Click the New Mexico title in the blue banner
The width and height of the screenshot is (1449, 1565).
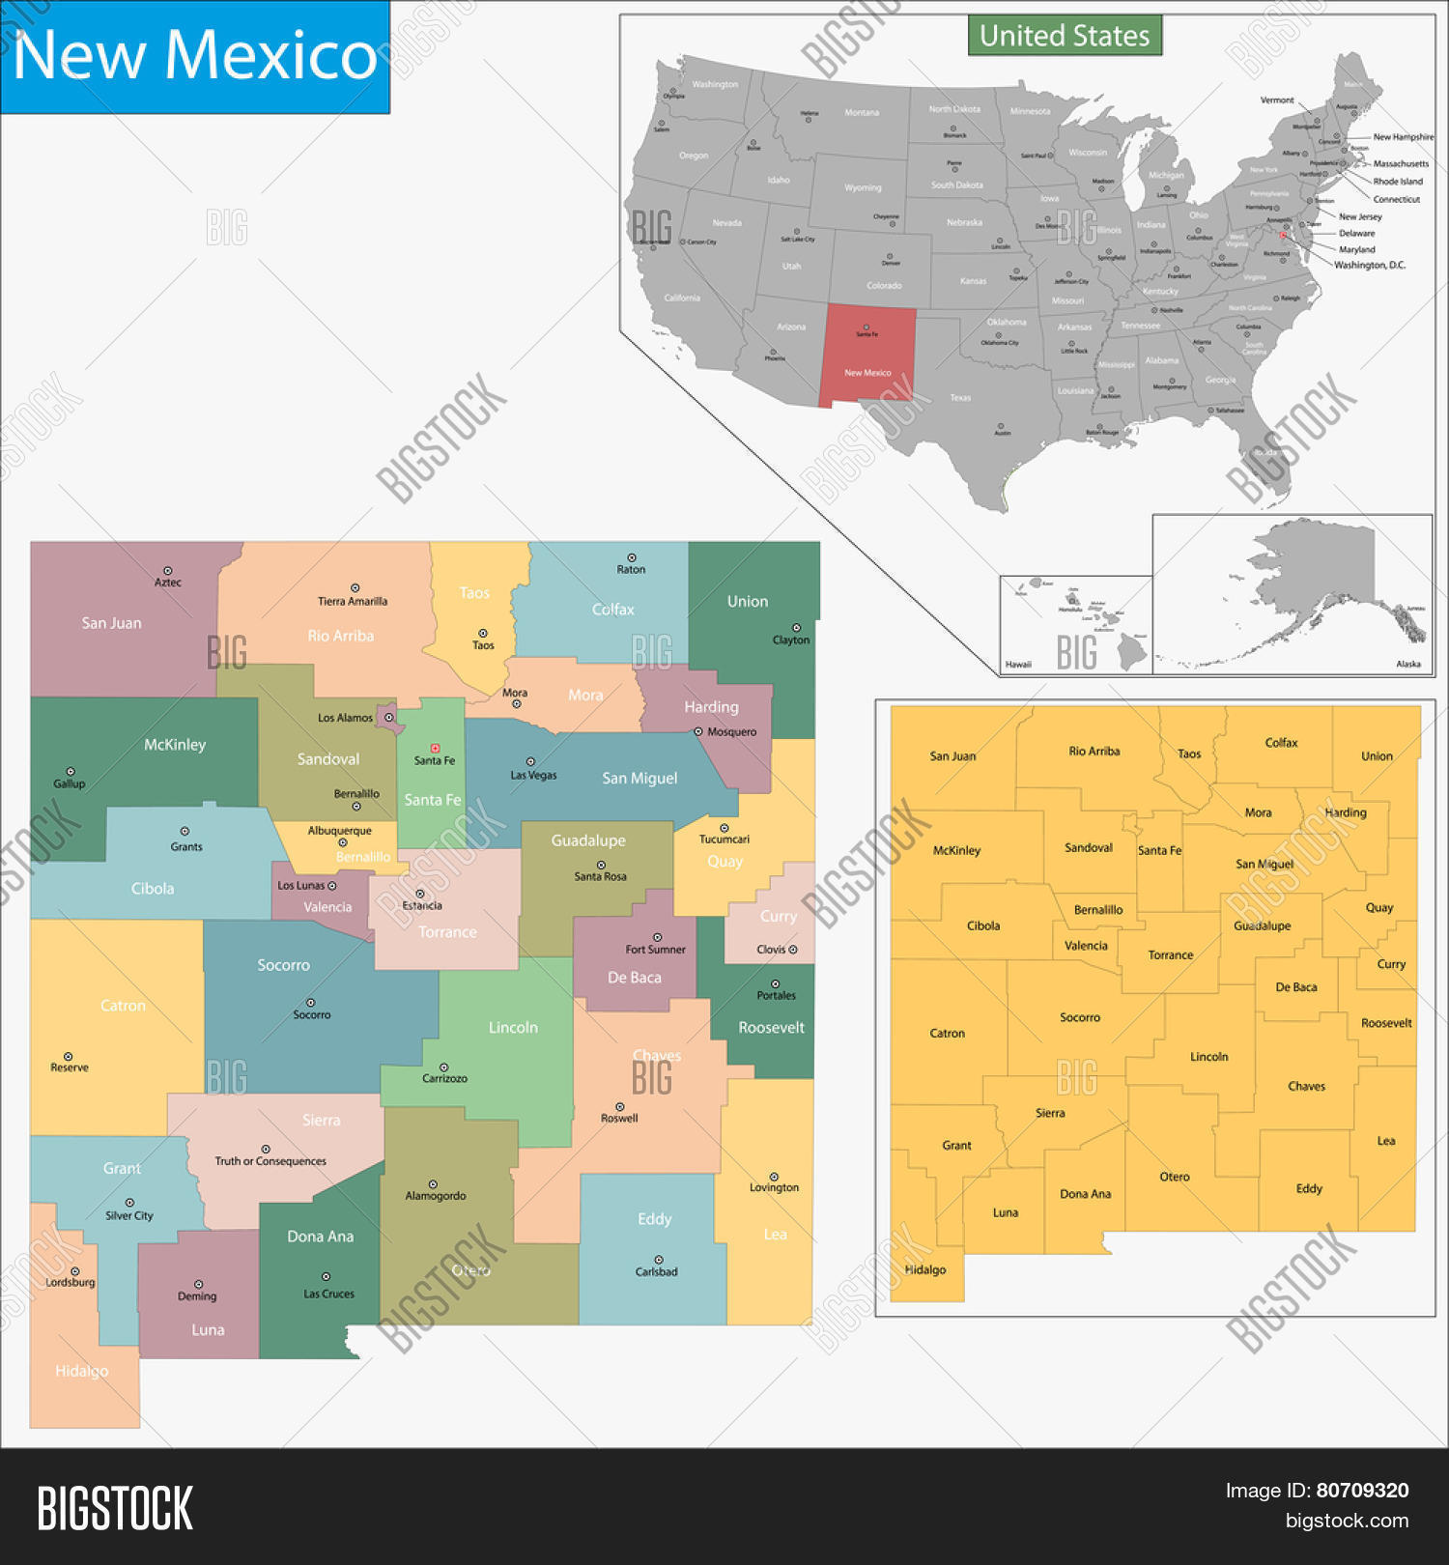(194, 55)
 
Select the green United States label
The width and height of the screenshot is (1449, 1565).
(1065, 36)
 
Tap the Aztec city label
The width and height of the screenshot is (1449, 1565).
(168, 583)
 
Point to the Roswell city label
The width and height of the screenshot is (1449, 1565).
(619, 1118)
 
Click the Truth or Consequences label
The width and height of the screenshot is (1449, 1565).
(270, 1161)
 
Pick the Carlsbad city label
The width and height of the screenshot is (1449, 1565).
(657, 1271)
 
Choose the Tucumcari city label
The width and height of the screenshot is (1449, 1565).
(724, 839)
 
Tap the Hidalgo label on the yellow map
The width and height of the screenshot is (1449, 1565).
(924, 1269)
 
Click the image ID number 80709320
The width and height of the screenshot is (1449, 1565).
(1362, 1491)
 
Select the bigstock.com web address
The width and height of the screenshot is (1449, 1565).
(1347, 1521)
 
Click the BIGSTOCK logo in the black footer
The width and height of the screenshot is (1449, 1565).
(115, 1508)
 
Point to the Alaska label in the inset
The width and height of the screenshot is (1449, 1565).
(1408, 664)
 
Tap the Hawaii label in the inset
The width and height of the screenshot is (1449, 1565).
(1018, 665)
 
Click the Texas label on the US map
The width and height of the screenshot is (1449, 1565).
(960, 397)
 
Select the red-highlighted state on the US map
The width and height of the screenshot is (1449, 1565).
(867, 356)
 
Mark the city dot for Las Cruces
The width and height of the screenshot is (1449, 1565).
(326, 1277)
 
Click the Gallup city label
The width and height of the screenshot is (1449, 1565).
(70, 783)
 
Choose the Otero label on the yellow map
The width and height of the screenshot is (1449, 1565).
(1175, 1177)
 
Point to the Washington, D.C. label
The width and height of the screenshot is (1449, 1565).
(1370, 265)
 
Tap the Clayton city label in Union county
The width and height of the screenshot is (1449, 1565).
(791, 640)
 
